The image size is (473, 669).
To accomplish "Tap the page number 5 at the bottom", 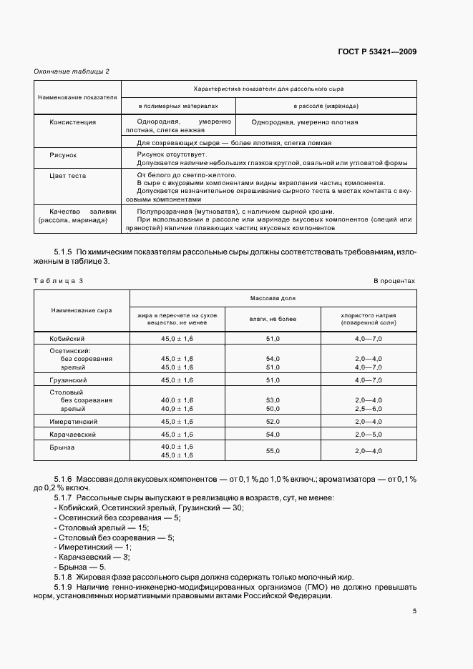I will coord(414,610).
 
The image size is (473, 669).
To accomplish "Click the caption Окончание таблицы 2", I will coord(72,71).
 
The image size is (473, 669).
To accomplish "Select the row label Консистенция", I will coord(72,122).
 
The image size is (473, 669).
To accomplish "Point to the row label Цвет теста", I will coord(67,174).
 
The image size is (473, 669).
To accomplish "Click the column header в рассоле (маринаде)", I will coord(326,106).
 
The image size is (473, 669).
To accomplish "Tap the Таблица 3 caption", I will coord(59,281).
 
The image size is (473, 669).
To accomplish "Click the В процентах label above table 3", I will coord(394,281).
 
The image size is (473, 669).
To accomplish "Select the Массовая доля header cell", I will coord(273,297).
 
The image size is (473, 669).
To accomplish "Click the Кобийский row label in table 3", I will coord(67,337).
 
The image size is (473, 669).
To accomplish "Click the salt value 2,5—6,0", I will coord(368,408).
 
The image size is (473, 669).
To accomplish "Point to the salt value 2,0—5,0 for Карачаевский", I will coord(368,434).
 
